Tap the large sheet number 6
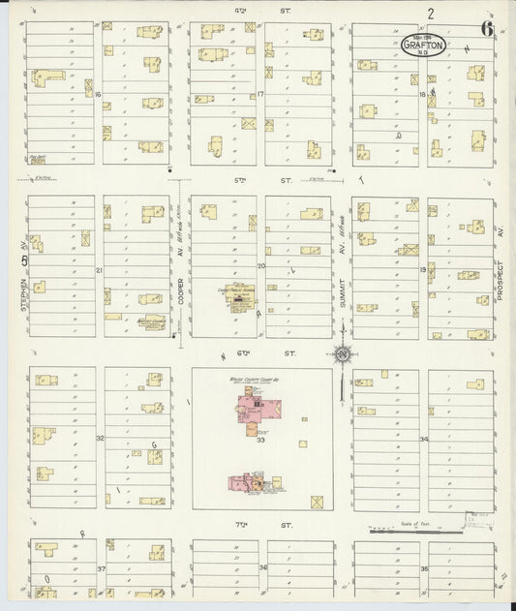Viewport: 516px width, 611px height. tap(486, 28)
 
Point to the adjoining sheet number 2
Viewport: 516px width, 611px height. tap(429, 13)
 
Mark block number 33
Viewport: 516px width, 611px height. tap(261, 441)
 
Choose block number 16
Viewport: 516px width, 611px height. tap(99, 94)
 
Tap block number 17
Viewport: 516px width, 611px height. tap(260, 94)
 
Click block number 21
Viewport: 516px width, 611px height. tap(99, 269)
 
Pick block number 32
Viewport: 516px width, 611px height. tap(99, 438)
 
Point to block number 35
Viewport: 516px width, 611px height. tap(424, 570)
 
